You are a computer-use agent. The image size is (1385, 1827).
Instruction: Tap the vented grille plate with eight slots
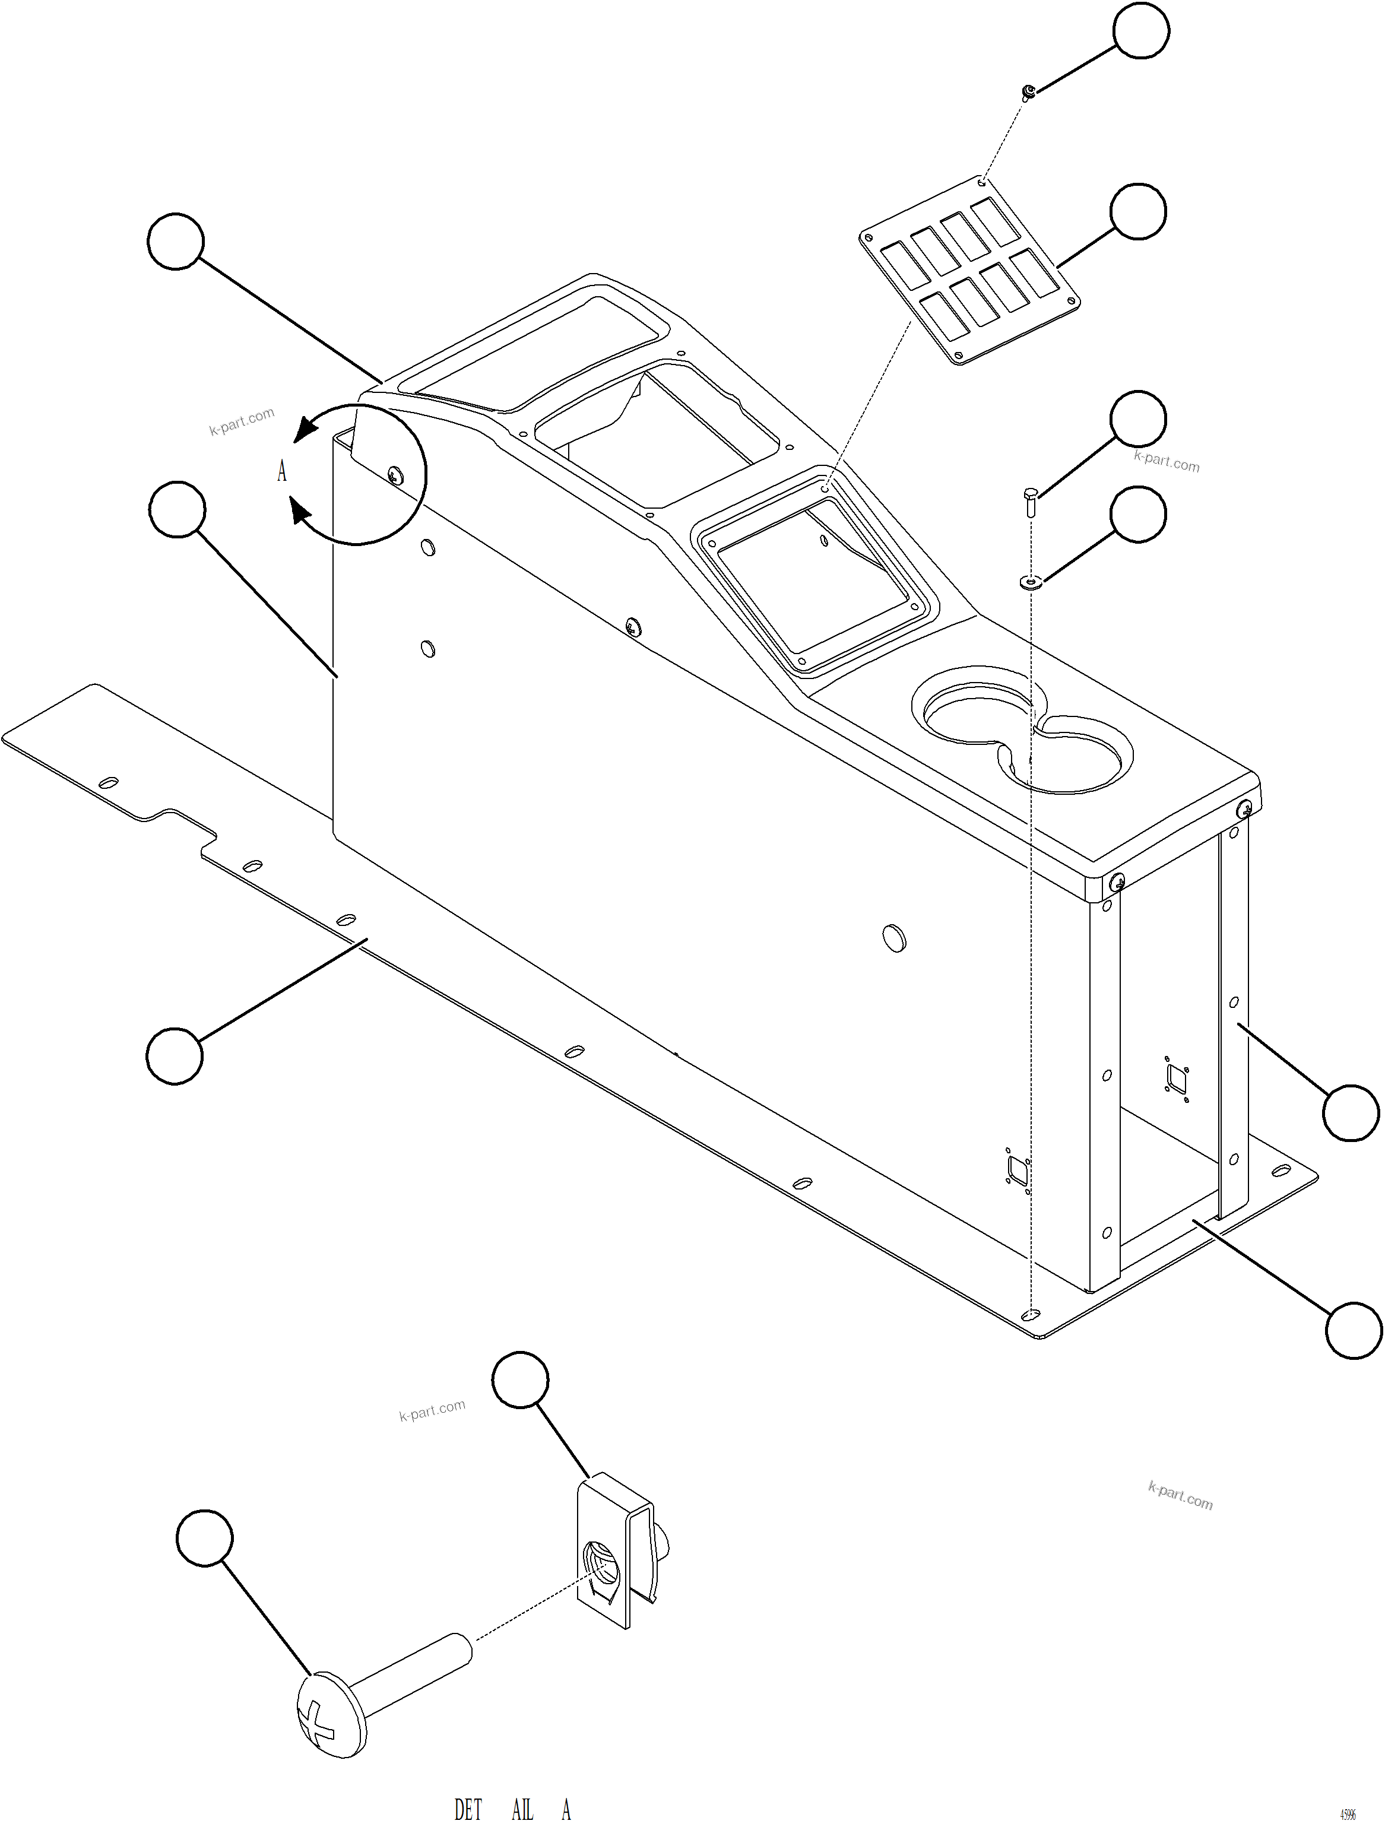969,271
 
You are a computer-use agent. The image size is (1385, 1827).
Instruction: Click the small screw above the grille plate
1028,91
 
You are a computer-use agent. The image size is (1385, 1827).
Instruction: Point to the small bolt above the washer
1030,500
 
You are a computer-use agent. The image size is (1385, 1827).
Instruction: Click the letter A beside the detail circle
281,471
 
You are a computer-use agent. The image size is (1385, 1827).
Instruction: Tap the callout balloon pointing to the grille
1138,211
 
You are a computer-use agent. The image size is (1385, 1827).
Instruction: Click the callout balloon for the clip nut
520,1379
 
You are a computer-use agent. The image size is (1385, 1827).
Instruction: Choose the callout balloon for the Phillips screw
205,1538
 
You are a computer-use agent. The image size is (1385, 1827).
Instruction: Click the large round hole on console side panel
895,938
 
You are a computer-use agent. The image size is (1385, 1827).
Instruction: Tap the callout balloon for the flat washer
1138,515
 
